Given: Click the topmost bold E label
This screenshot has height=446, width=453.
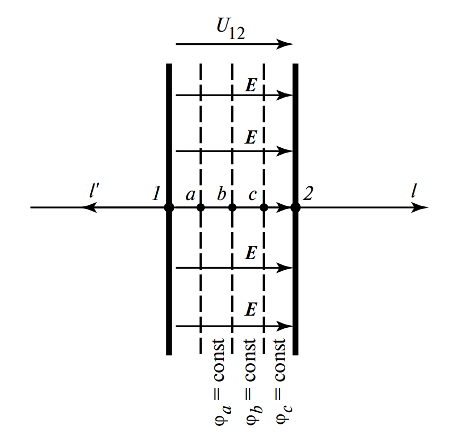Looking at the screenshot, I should click(251, 86).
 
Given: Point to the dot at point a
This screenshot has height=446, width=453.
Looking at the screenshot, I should click(201, 207).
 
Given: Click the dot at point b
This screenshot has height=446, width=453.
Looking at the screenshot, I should click(232, 207).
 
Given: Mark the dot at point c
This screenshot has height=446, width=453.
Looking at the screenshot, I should click(264, 207).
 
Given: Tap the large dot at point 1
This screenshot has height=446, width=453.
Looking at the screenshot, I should click(169, 207).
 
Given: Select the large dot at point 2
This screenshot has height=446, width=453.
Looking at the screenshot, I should click(296, 207).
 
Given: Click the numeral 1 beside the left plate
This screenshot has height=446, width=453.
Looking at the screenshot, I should click(156, 194).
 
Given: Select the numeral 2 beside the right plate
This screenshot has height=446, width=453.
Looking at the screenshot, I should click(308, 194).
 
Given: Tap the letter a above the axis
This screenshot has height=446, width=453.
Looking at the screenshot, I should click(191, 195).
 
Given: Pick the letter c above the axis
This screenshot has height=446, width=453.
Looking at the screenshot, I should click(253, 195).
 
